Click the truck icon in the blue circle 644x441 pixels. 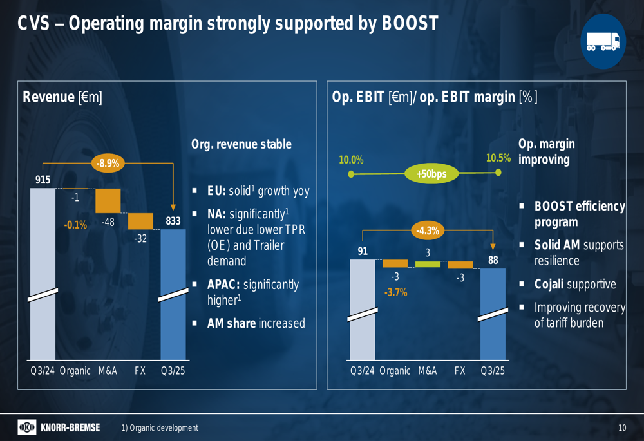pos(603,42)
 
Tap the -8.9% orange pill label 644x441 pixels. pos(108,163)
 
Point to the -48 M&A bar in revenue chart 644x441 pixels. pos(108,200)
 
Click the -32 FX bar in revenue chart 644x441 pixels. pos(140,221)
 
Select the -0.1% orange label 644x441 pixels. pos(75,225)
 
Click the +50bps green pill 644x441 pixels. pos(431,174)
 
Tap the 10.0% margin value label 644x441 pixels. pos(352,160)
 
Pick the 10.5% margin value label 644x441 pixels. pos(498,158)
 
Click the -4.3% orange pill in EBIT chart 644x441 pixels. pos(427,230)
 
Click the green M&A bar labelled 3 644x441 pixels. pos(428,264)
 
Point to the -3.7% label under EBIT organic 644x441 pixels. pos(395,292)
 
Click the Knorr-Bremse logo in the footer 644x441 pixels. pos(59,427)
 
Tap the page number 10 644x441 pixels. pos(621,428)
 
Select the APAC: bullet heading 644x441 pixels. pos(223,285)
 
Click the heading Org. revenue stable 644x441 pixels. pos(241,144)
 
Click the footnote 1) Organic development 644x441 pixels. pos(160,428)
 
